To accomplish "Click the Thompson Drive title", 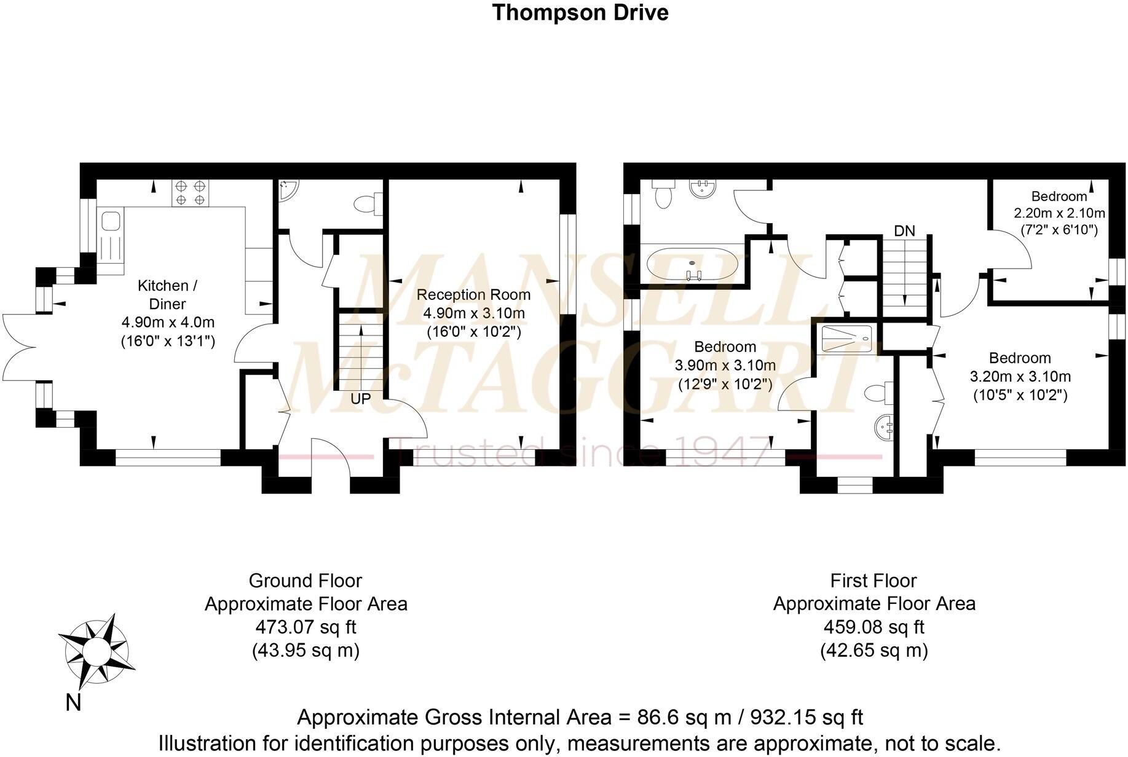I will [580, 12].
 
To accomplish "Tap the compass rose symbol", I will [97, 649].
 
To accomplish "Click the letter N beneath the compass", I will [73, 702].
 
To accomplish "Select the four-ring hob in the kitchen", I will [190, 192].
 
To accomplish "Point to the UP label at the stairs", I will [361, 399].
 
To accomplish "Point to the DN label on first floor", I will [904, 231].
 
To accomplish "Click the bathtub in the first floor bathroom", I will [692, 264].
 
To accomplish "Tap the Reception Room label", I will [473, 294].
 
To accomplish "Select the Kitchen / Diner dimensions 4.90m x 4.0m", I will [168, 322].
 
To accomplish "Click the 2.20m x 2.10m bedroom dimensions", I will [1059, 213].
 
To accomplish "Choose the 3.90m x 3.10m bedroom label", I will [725, 366].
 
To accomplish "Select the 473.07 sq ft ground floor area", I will [306, 627].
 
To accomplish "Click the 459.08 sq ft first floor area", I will [874, 627].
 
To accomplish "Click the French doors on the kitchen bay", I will [20, 349].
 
